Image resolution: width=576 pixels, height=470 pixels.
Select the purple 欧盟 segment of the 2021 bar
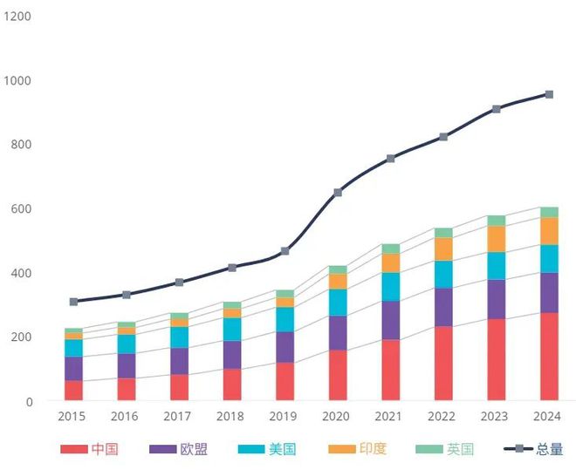390,320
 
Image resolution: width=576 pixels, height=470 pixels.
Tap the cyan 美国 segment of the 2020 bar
337,302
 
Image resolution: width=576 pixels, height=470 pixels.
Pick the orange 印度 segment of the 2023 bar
496,239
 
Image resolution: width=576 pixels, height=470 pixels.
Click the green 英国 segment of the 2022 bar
443,233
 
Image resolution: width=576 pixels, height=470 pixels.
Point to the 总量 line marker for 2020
338,192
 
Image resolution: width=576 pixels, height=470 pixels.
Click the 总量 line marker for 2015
73,302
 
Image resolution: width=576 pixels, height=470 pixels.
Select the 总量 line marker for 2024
549,94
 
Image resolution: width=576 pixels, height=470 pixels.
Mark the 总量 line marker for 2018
232,268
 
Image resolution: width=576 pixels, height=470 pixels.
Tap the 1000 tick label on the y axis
18,80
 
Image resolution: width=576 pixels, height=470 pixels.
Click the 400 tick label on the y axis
22,273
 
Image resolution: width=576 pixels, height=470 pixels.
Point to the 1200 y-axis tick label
18,16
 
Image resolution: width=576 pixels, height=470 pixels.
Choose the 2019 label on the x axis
284,417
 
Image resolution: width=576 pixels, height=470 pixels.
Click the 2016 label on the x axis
126,417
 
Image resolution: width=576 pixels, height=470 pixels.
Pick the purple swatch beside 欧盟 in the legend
163,449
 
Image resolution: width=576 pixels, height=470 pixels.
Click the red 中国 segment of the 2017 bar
179,387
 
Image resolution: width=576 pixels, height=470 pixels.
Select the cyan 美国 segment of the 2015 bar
73,348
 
